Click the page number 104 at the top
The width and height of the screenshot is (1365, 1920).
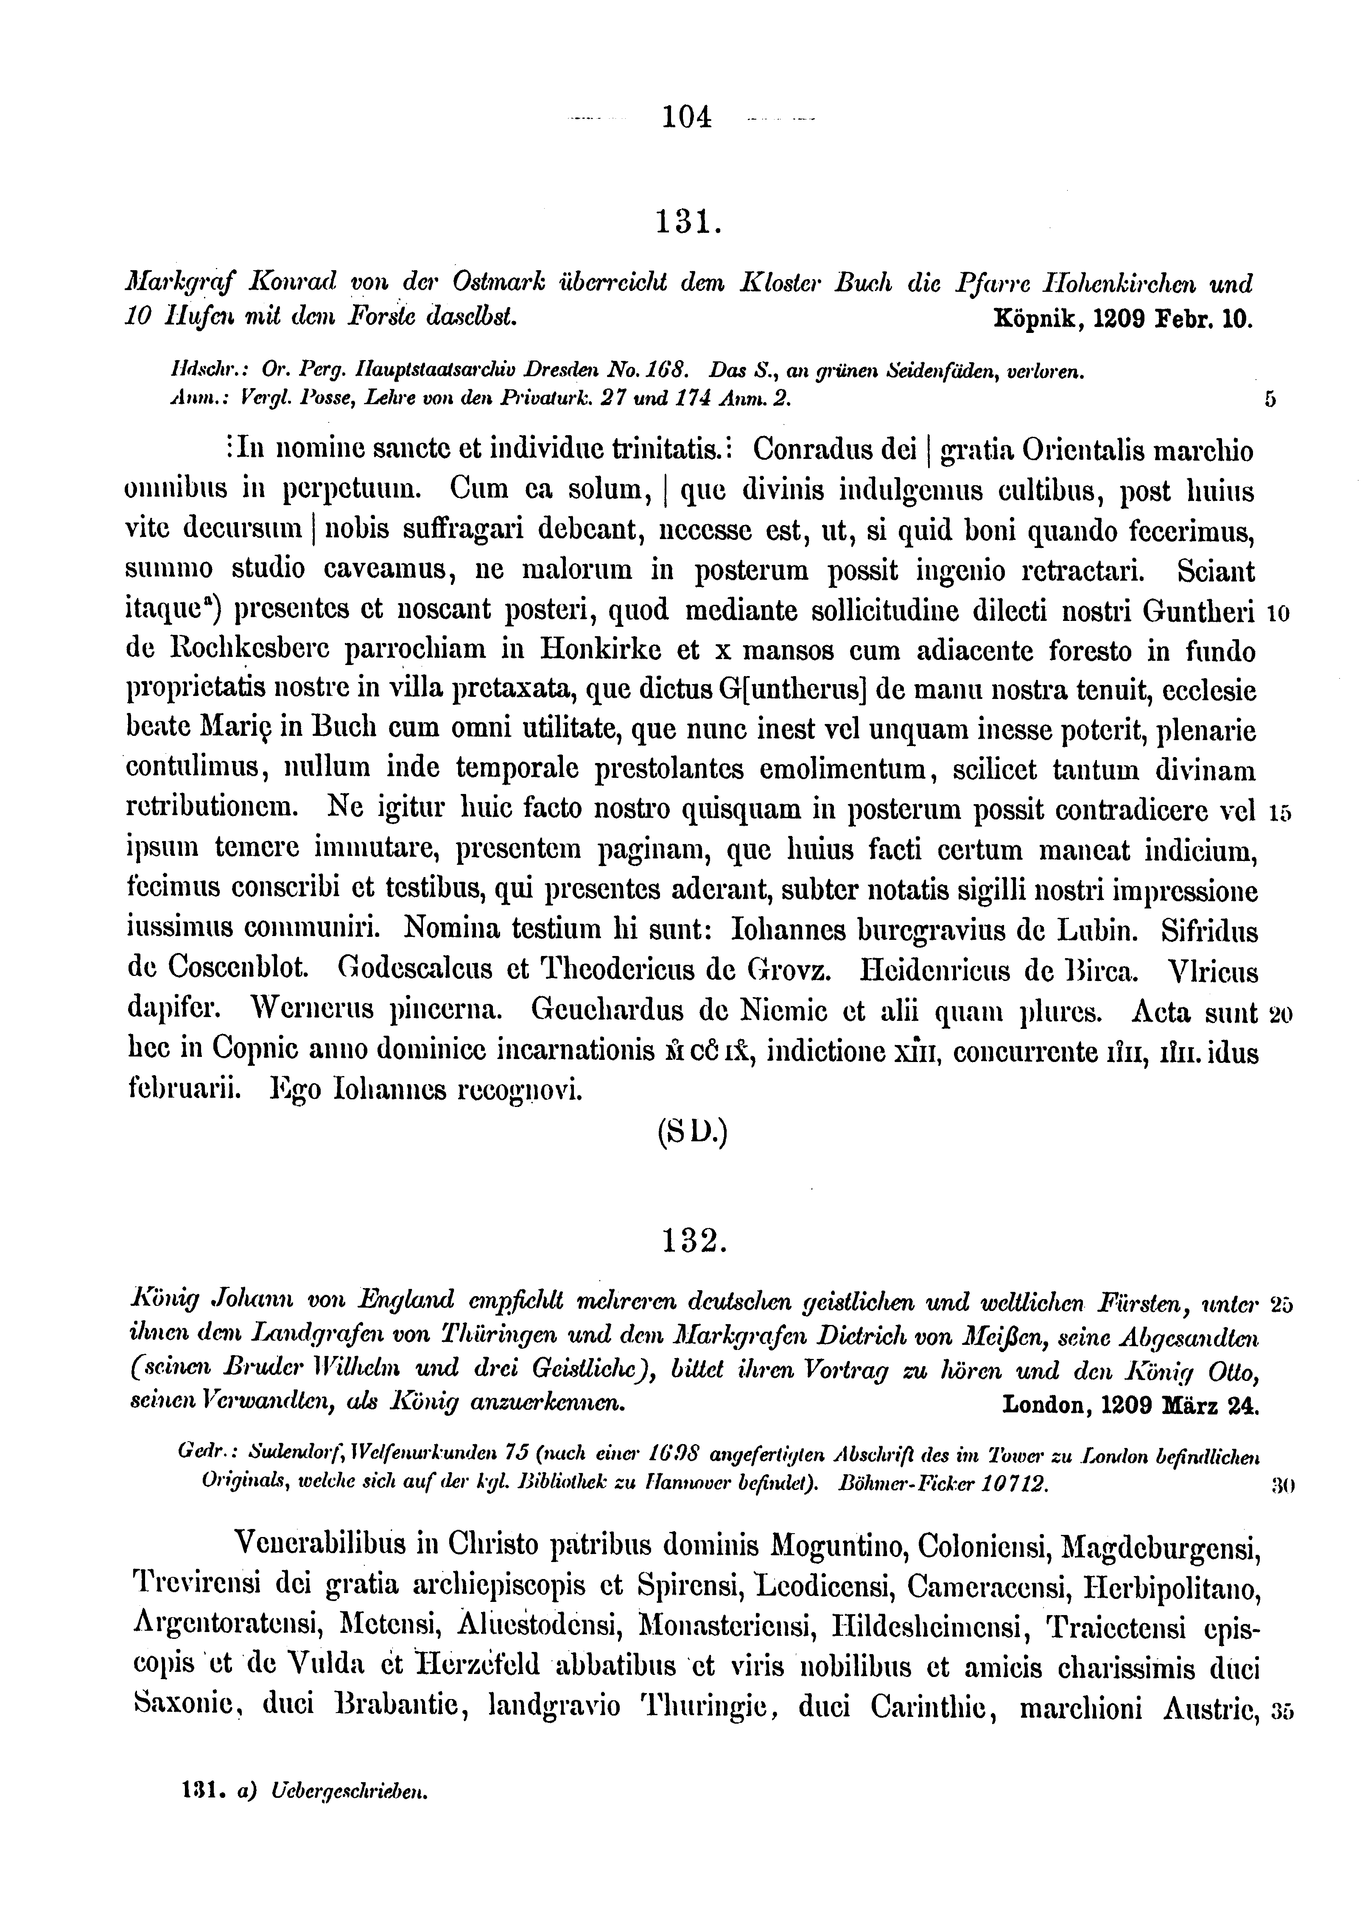tap(687, 115)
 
